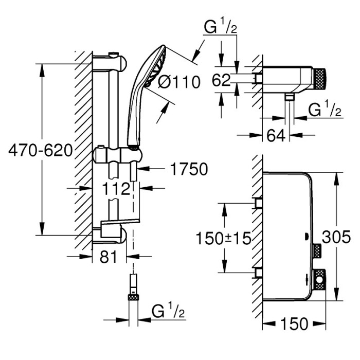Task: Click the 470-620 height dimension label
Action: (x=41, y=151)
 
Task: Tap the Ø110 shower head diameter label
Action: (x=179, y=82)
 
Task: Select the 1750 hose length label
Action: (x=189, y=169)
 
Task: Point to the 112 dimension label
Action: (x=116, y=189)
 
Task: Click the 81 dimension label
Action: (x=109, y=257)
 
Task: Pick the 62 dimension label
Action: (x=221, y=80)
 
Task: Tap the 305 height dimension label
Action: (x=336, y=237)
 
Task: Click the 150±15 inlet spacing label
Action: (x=223, y=238)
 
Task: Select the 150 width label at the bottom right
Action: (x=294, y=323)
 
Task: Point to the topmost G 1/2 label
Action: (x=221, y=26)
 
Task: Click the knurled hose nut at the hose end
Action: (x=133, y=298)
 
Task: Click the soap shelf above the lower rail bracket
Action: (x=120, y=222)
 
